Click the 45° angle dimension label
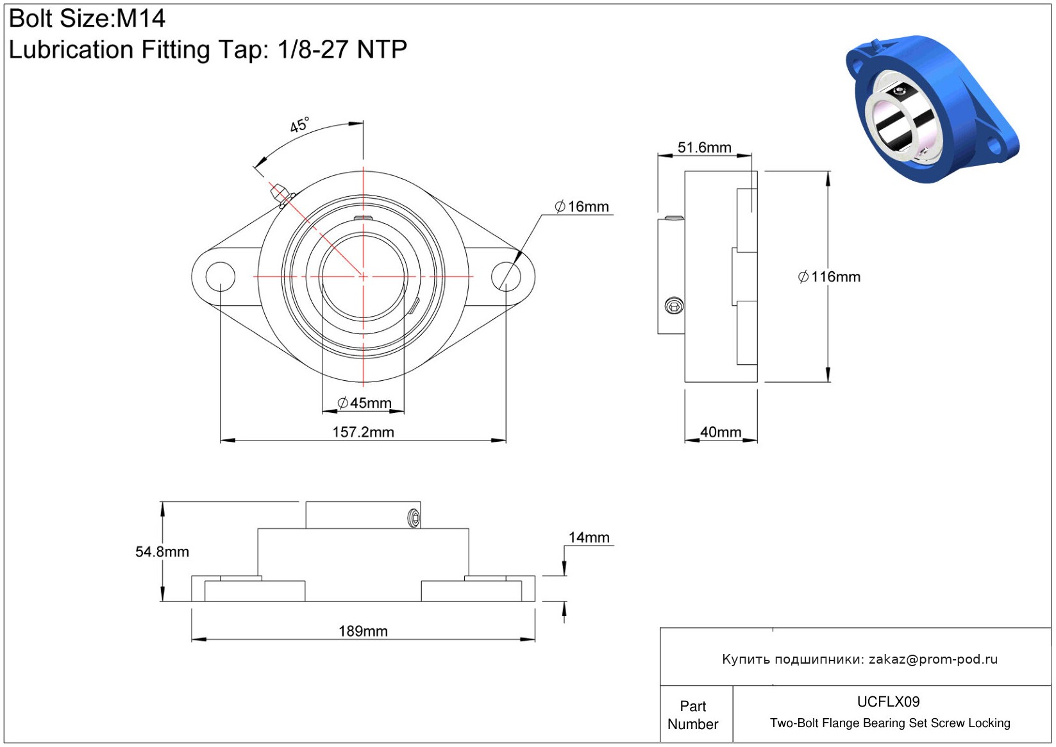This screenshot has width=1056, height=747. pos(299,125)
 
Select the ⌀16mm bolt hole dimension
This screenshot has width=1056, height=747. pos(582,206)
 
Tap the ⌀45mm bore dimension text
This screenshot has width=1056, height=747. pos(364,403)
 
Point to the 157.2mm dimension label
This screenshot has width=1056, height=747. pos(363,432)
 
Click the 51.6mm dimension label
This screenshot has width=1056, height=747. pos(704,147)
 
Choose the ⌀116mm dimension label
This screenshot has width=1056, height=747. pos(829,277)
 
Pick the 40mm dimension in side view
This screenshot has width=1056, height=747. pos(720,432)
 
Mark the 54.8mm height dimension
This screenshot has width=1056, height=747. pos(162,551)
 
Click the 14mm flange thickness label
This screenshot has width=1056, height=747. pos(589,537)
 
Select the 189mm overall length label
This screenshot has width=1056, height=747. pos(363,631)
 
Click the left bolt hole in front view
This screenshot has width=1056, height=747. pos(220,276)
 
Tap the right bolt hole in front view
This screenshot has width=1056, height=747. pos(506,276)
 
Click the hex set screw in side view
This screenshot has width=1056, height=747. pos(674,306)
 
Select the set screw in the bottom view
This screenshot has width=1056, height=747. pos(414,518)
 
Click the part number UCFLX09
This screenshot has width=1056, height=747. pos(888,701)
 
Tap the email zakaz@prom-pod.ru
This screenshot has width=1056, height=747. pos(933,659)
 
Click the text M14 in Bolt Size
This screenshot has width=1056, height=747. pos(140,19)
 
